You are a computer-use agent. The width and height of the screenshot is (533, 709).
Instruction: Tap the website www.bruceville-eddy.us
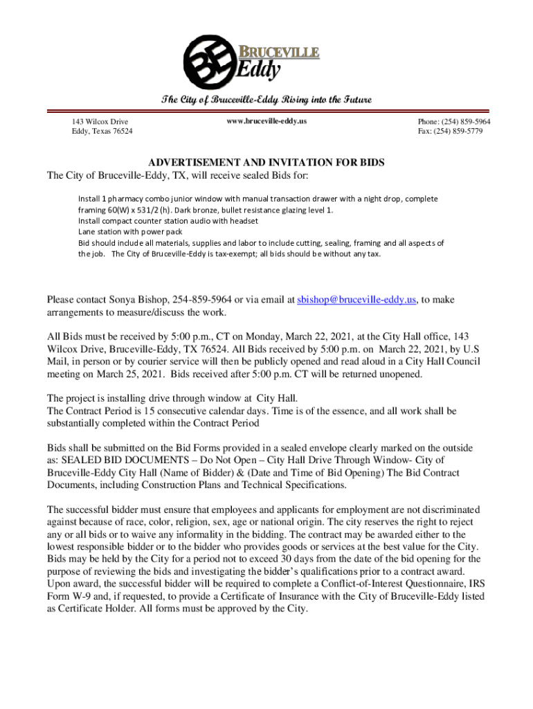point(266,121)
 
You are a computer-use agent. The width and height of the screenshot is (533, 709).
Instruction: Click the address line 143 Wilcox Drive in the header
point(100,122)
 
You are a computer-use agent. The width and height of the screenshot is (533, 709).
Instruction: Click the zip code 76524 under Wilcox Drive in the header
point(122,131)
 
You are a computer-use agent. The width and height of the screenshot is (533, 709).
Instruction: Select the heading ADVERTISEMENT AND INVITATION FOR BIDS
point(266,163)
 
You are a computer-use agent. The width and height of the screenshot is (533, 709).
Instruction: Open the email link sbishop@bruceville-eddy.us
point(356,300)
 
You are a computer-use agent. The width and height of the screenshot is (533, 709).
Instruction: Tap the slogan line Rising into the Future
point(325,100)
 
